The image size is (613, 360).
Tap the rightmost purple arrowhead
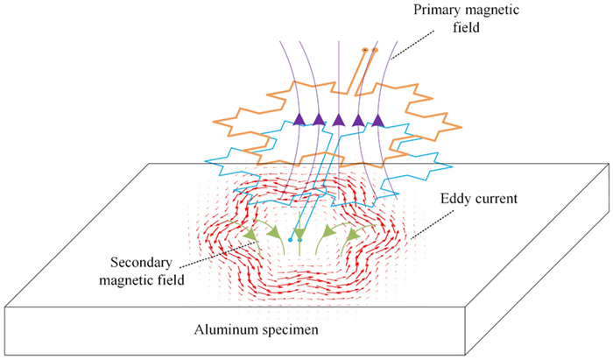coord(378,120)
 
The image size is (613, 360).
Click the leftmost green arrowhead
coord(250,234)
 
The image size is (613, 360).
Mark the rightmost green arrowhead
coord(357,234)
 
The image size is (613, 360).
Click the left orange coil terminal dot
coord(365,50)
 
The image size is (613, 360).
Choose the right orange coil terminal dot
coord(374,50)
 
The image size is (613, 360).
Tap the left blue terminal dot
coord(290,239)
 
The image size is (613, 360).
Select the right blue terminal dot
coord(299,239)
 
